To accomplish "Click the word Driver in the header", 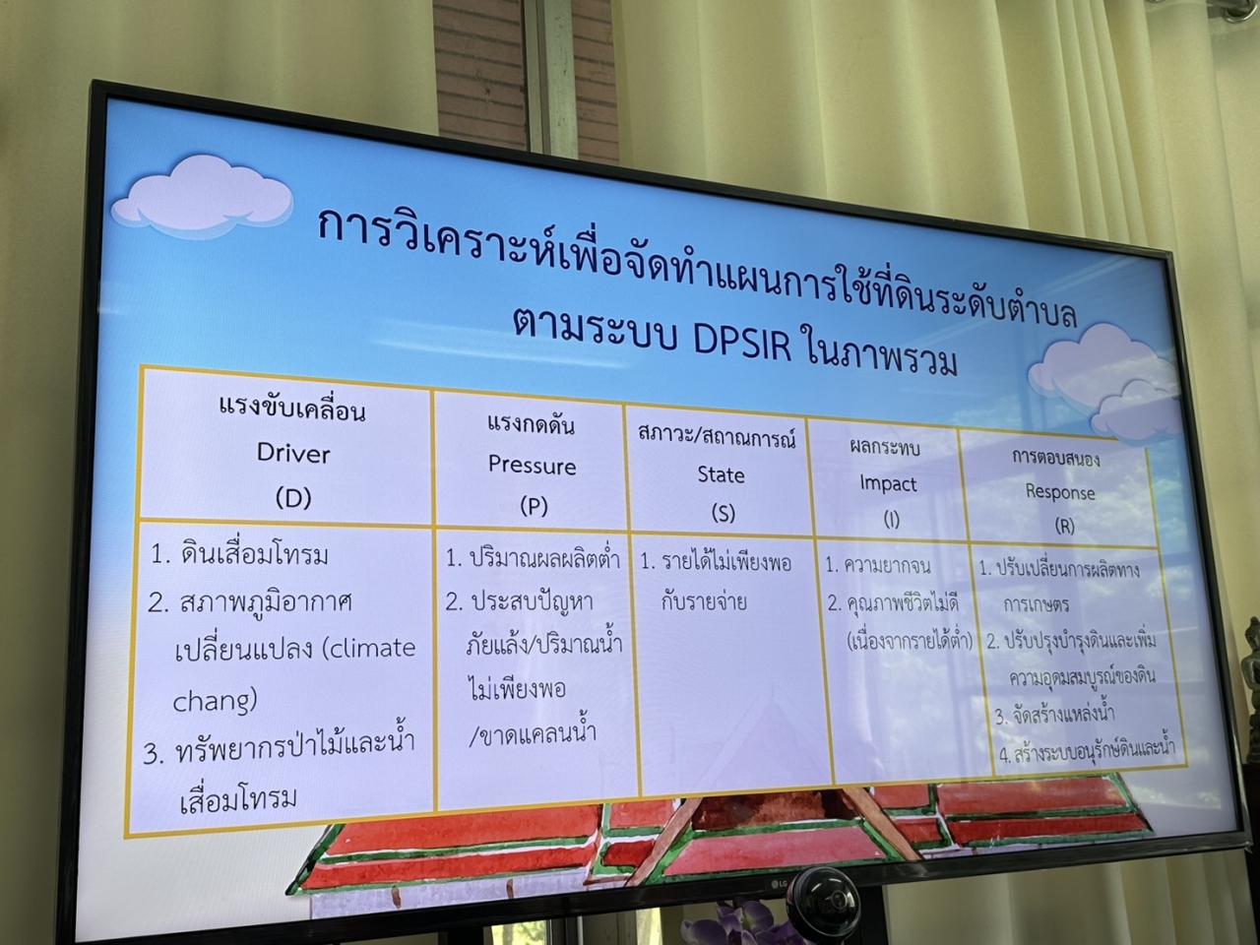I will pos(293,453).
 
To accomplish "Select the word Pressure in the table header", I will pos(532,466).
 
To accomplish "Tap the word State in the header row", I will pos(721,474).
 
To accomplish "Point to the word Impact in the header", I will pos(888,484).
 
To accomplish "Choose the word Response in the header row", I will pos(1059,491).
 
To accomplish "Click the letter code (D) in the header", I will pos(293,498).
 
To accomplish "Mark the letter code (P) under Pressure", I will pos(533,506).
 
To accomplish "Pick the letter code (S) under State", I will pos(722,513).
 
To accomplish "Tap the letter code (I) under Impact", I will pos(891,521).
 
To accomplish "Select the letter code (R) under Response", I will pos(1064,526).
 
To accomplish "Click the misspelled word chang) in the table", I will pos(215,701).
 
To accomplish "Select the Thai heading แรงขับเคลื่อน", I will pos(292,408).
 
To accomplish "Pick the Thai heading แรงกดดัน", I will pos(531,424).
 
